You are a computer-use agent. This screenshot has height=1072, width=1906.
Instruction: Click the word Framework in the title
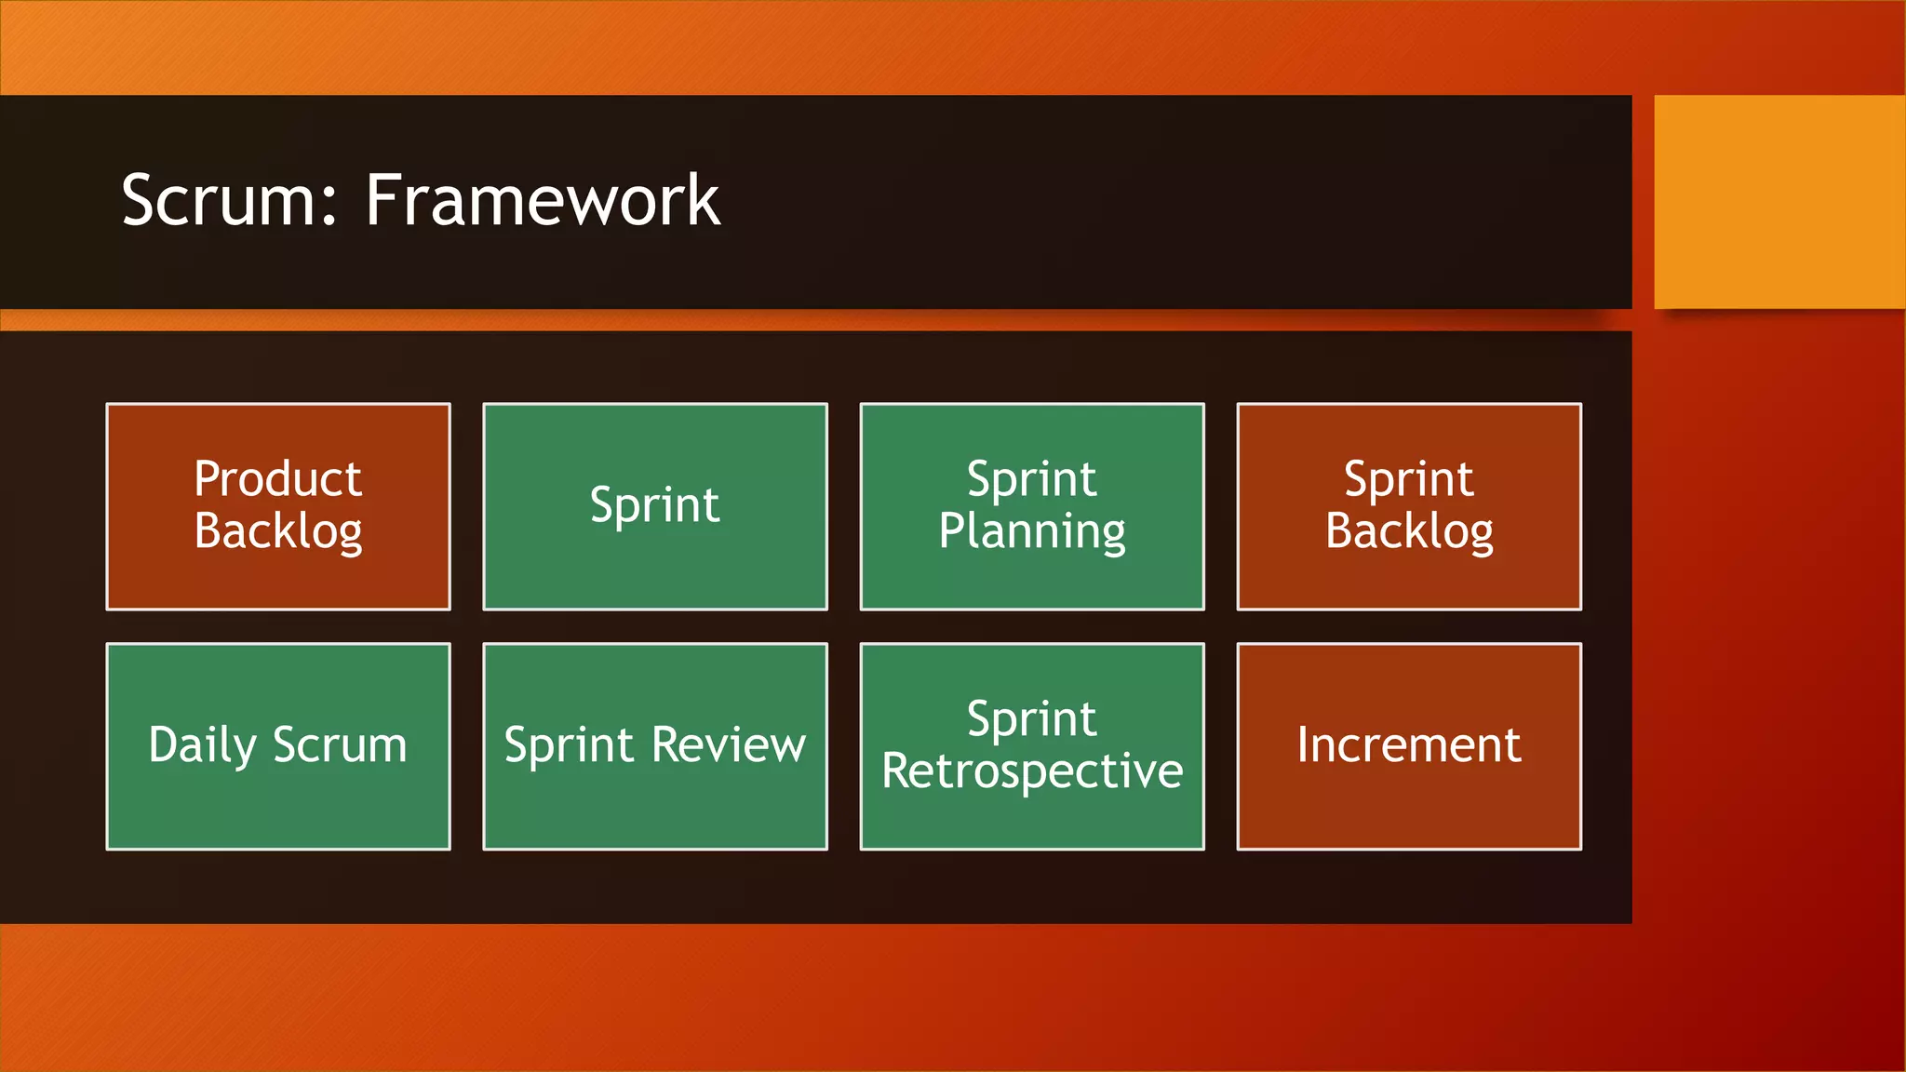[542, 200]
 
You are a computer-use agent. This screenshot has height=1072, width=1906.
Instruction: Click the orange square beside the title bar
[1778, 201]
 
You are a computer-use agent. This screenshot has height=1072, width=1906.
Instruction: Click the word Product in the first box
[277, 479]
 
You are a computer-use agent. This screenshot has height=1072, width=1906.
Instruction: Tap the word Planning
[1032, 532]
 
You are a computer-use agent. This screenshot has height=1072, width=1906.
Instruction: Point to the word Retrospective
[1032, 771]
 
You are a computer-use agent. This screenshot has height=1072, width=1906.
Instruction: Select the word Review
[728, 745]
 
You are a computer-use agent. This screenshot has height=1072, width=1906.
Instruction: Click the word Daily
[202, 745]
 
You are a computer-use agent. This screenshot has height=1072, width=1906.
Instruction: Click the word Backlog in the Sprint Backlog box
[1409, 532]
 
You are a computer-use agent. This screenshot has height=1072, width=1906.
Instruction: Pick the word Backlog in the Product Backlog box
[278, 532]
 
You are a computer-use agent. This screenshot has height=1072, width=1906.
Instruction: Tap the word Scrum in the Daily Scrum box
[340, 745]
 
